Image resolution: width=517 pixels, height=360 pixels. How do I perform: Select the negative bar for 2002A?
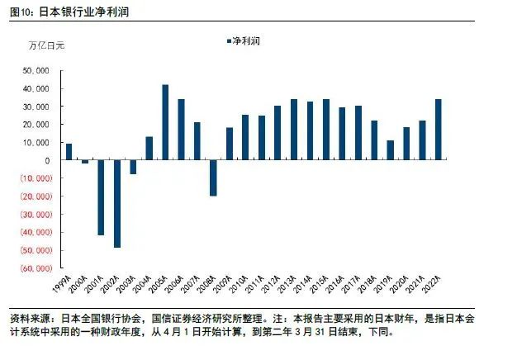click(117, 203)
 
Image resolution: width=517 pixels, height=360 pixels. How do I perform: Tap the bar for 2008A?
click(213, 178)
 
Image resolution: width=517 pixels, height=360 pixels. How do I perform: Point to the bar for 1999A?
click(69, 152)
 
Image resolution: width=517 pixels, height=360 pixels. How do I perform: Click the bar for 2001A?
click(101, 197)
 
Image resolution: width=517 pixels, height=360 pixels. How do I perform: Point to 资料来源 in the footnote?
click(27, 318)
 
